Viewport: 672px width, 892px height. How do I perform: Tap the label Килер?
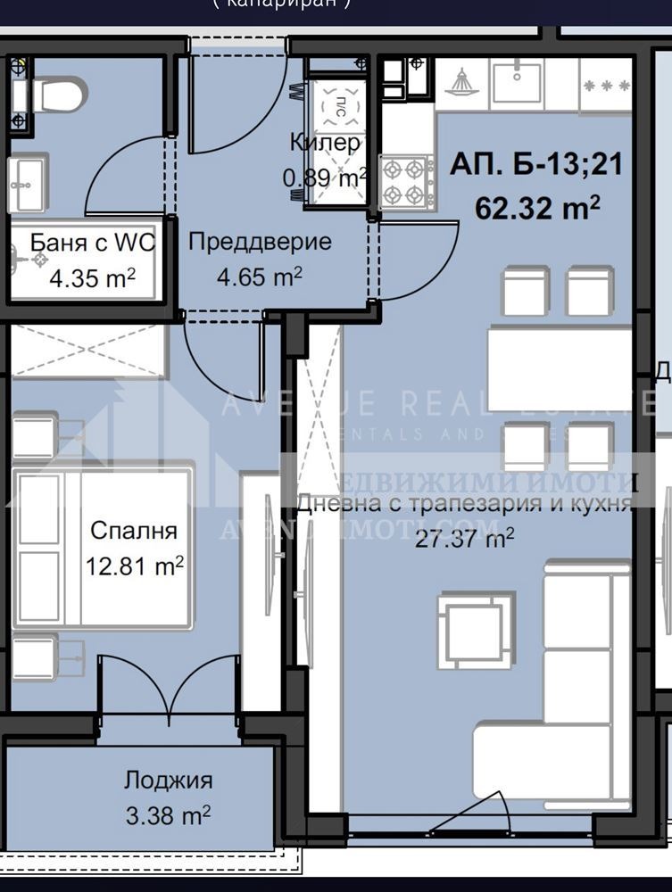[x=325, y=143]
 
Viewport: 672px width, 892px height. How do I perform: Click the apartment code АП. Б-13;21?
[x=535, y=165]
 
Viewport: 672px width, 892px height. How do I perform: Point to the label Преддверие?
[x=260, y=242]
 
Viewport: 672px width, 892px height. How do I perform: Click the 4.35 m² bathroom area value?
[x=92, y=277]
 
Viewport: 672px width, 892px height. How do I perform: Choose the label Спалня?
[x=134, y=530]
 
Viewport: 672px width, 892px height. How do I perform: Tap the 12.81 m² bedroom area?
[x=135, y=565]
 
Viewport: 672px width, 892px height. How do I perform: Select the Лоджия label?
[x=168, y=780]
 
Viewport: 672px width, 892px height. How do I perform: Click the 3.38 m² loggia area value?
[x=168, y=814]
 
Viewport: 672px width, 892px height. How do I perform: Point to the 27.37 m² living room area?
[x=464, y=538]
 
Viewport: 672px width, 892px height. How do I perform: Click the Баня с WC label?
[x=92, y=242]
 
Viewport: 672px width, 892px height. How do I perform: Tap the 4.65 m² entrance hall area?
[x=260, y=277]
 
